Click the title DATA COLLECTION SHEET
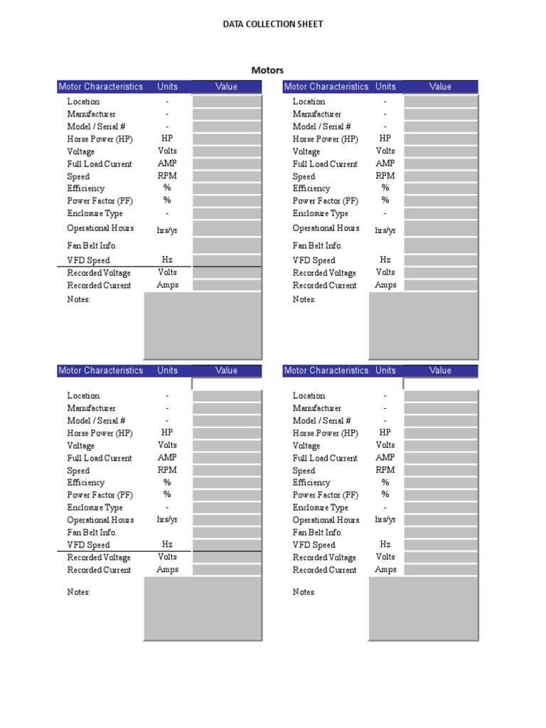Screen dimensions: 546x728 pyautogui.click(x=273, y=24)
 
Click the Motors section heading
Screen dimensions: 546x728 pyautogui.click(x=267, y=70)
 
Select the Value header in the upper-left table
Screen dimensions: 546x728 pyautogui.click(x=227, y=87)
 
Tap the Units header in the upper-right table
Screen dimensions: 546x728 pyautogui.click(x=385, y=87)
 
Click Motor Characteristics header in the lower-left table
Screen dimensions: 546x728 pyautogui.click(x=100, y=370)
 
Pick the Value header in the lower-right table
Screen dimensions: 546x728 pyautogui.click(x=440, y=370)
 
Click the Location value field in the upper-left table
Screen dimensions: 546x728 pyautogui.click(x=227, y=102)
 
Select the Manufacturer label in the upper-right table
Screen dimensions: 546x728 pyautogui.click(x=317, y=114)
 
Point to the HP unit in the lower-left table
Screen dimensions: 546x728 pyautogui.click(x=167, y=432)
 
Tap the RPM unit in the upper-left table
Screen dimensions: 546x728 pyautogui.click(x=167, y=176)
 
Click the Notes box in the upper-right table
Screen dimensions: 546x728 pyautogui.click(x=423, y=326)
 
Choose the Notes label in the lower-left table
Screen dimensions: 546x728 pyautogui.click(x=79, y=592)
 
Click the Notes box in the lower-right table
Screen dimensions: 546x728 pyautogui.click(x=423, y=609)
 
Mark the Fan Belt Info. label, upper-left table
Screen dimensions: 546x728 pyautogui.click(x=92, y=245)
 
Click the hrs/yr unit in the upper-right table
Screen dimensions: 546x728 pyautogui.click(x=385, y=230)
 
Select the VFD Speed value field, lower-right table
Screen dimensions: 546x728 pyautogui.click(x=441, y=545)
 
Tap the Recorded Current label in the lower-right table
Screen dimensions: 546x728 pyautogui.click(x=325, y=570)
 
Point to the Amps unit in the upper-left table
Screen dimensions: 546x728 pyautogui.click(x=167, y=285)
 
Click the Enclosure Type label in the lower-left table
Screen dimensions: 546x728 pyautogui.click(x=95, y=508)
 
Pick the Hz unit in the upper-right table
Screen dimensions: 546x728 pyautogui.click(x=385, y=260)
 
